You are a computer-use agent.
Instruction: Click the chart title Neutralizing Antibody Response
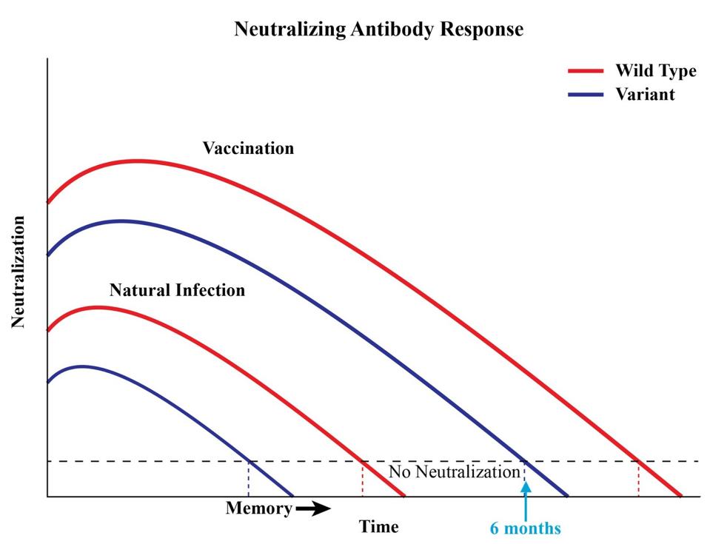(378, 30)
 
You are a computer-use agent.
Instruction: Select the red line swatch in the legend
(586, 72)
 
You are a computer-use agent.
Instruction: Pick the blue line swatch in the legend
(586, 95)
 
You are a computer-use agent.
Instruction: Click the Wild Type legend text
(655, 71)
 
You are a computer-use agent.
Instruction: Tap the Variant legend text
(645, 95)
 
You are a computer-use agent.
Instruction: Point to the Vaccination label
(248, 148)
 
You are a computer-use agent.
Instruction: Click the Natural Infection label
(177, 290)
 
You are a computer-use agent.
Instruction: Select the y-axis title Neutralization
(19, 272)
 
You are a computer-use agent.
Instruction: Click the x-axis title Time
(378, 527)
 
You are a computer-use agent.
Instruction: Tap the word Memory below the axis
(258, 509)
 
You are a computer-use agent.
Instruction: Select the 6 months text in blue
(526, 528)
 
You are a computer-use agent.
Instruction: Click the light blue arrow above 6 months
(526, 500)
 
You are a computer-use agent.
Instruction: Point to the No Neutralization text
(454, 472)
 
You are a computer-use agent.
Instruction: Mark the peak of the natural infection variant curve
(82, 366)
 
